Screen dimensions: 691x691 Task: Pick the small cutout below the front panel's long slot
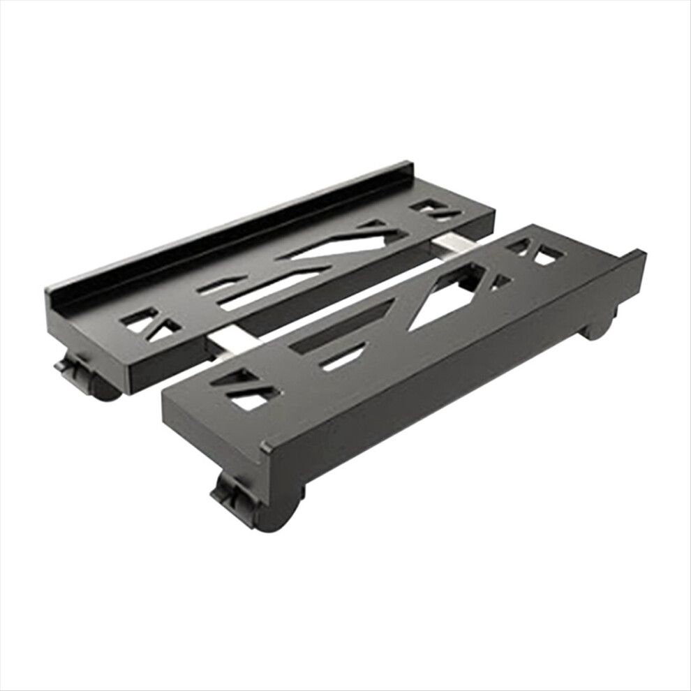342,356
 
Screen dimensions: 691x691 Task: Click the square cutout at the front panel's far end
547,257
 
